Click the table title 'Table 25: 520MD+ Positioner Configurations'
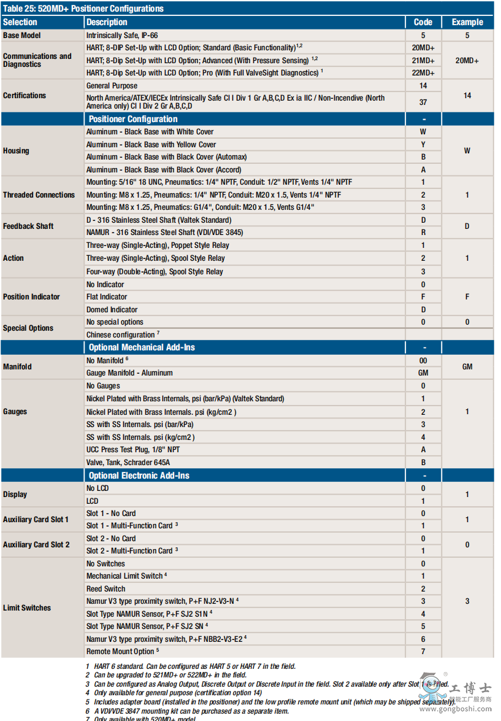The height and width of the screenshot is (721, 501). [83, 9]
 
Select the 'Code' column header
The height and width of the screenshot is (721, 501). [423, 22]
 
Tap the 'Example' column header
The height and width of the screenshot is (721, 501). [467, 22]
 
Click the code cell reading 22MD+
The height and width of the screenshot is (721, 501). [423, 73]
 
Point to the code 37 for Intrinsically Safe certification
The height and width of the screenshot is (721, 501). [423, 102]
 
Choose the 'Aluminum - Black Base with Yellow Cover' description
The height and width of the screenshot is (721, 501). [151, 145]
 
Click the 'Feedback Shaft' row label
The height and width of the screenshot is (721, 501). [28, 226]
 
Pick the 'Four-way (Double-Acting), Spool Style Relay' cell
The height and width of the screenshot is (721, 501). [155, 272]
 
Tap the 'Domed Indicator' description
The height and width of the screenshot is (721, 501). [112, 310]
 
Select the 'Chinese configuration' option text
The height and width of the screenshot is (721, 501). [121, 335]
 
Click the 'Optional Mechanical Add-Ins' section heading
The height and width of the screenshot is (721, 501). [142, 347]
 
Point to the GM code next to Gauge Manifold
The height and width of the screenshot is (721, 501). [423, 373]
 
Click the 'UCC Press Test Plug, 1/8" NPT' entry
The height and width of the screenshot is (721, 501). [133, 450]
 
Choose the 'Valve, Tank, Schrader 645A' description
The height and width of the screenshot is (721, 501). [128, 463]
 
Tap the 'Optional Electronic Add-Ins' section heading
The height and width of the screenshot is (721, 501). [139, 476]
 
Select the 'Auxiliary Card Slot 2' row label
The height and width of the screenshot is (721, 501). [36, 545]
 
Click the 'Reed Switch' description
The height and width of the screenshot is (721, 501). [105, 589]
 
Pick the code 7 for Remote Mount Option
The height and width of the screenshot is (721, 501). [423, 652]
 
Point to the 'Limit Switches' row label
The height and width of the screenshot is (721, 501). [27, 608]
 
